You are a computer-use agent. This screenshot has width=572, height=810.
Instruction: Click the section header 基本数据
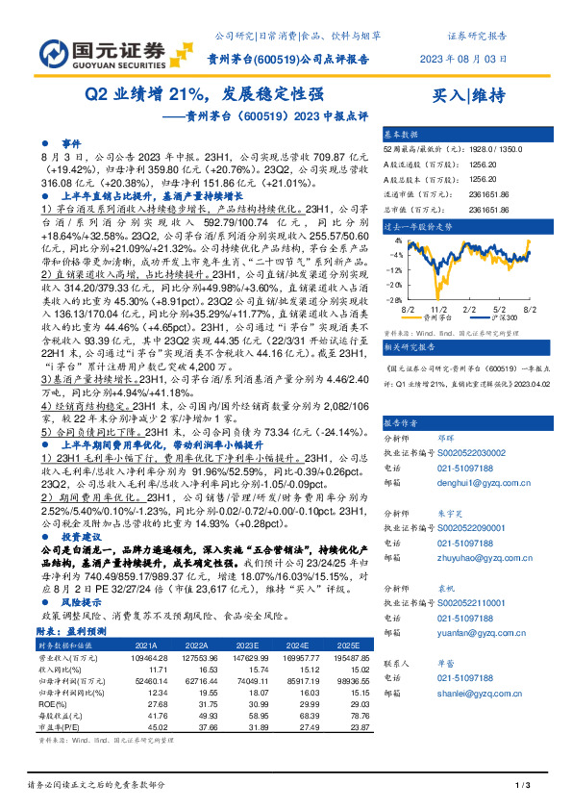coord(402,135)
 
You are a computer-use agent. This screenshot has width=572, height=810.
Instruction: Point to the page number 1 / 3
coord(524,787)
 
